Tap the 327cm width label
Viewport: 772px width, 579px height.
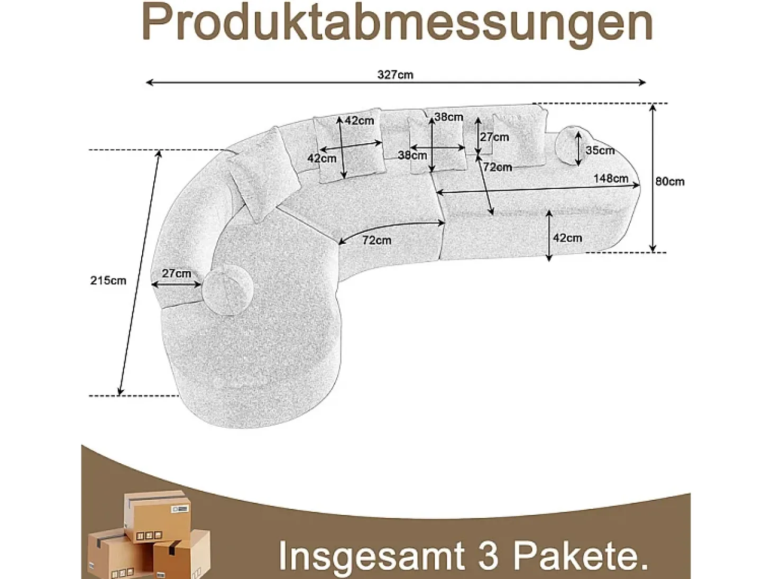(396, 75)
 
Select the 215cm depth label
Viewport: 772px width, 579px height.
(108, 281)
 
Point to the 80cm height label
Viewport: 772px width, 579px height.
(669, 181)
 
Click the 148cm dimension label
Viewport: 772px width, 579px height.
(611, 178)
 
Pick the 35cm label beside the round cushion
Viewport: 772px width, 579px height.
(600, 151)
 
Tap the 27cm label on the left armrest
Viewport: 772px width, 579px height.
(177, 273)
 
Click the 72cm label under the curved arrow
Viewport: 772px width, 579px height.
(376, 240)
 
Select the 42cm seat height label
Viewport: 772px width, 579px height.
(568, 238)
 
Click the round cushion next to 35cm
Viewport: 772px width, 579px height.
(572, 145)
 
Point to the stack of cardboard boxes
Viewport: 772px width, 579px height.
(149, 535)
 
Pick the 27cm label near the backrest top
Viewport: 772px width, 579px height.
(494, 137)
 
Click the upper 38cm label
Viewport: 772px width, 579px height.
(449, 117)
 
